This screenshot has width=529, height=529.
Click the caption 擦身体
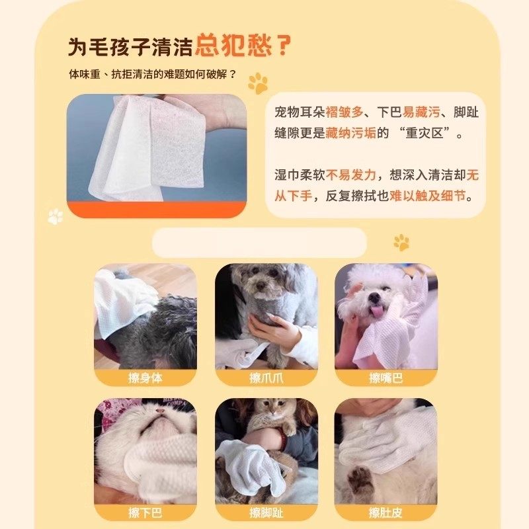click(x=145, y=378)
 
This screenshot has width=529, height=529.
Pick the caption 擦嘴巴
click(x=386, y=378)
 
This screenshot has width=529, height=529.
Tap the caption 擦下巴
click(x=145, y=512)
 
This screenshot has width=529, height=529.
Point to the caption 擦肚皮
click(x=386, y=512)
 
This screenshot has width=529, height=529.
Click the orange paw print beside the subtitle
click(x=258, y=83)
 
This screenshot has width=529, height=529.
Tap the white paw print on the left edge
click(x=56, y=216)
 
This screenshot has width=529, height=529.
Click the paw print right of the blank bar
click(x=401, y=242)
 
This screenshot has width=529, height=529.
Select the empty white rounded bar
click(x=259, y=243)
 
